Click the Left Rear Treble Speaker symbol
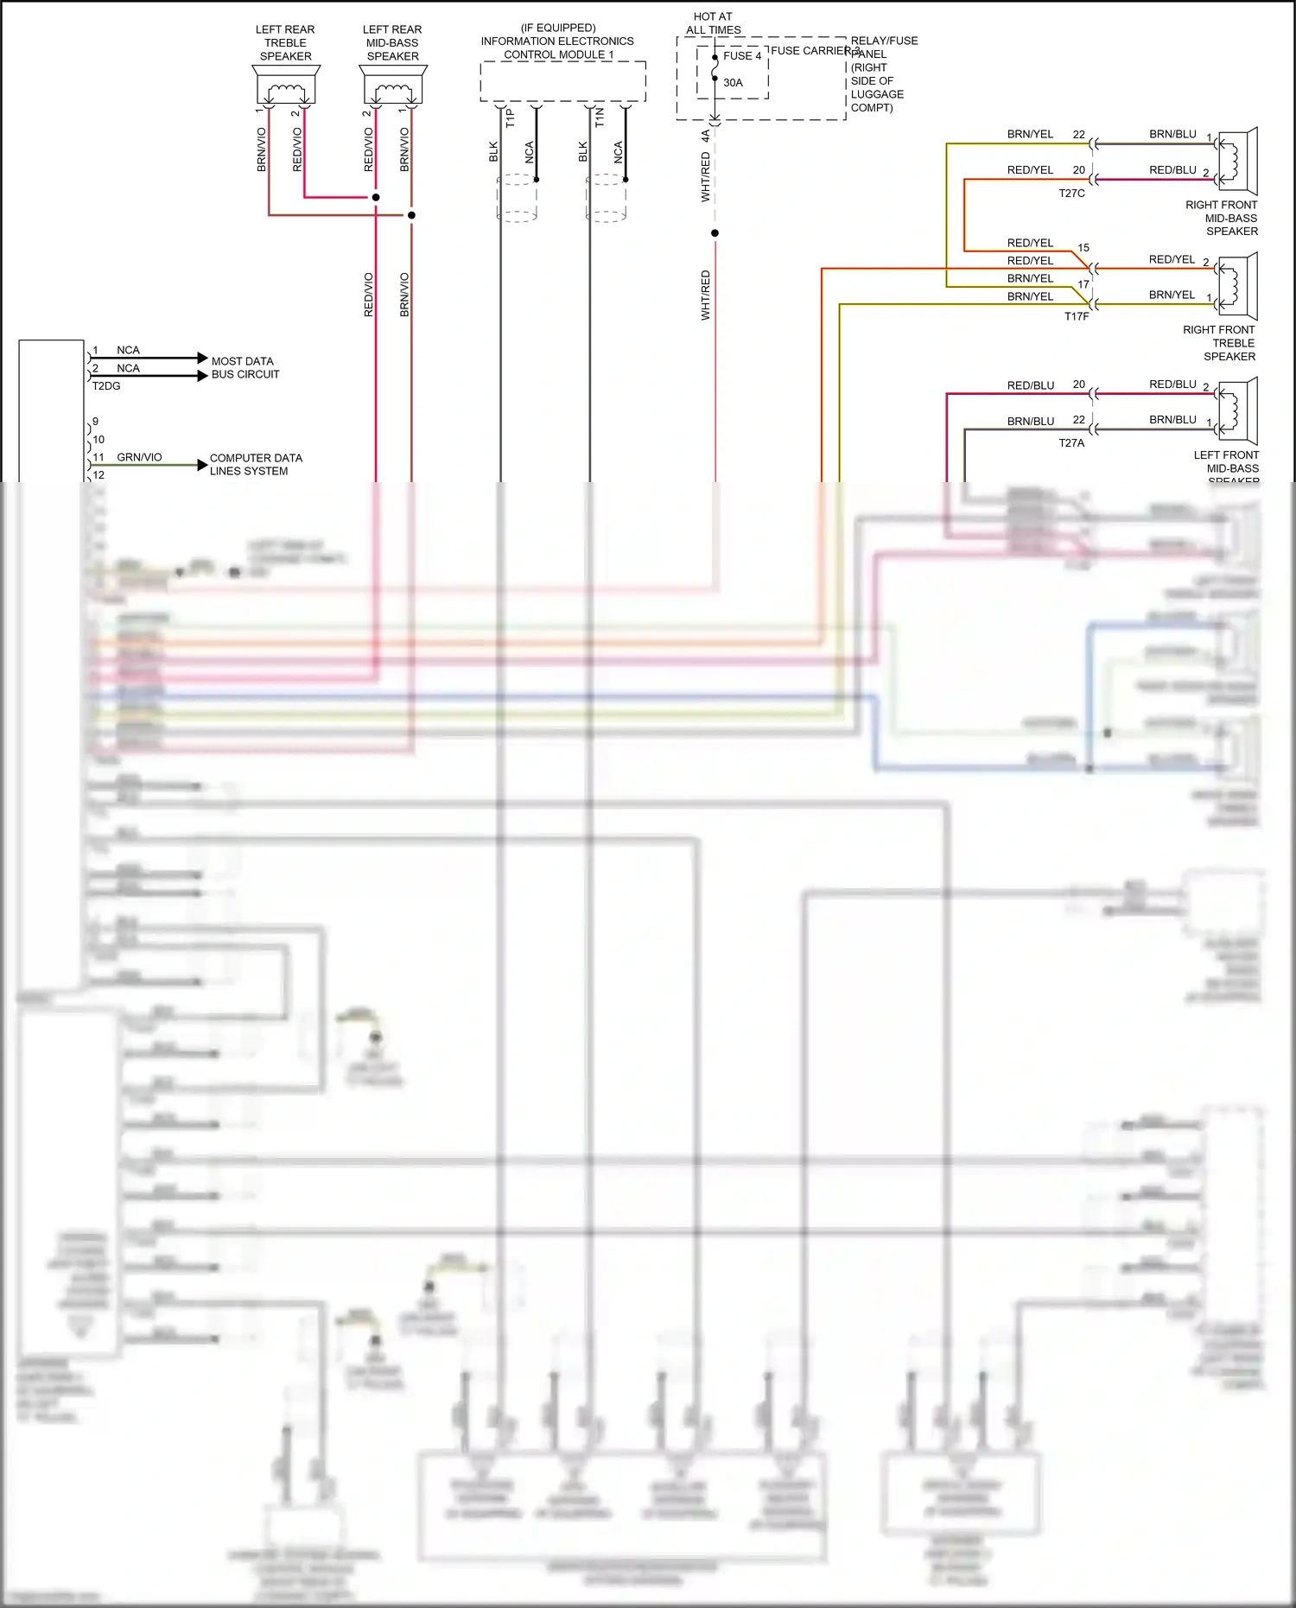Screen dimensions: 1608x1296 286,86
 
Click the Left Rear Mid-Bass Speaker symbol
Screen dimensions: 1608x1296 393,86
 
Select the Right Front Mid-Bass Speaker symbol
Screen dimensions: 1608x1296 1238,161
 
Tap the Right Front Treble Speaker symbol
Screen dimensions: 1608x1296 1238,286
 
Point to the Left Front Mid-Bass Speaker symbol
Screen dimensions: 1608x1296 1238,410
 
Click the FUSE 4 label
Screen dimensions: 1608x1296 742,56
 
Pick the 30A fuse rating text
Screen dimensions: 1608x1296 733,83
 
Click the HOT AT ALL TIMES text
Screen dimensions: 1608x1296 714,23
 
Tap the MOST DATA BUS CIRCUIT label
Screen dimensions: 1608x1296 245,368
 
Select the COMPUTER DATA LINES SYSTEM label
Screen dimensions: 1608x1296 256,465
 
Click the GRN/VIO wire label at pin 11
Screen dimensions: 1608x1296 139,457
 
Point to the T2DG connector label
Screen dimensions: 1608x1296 106,386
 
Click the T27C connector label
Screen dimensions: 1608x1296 1071,194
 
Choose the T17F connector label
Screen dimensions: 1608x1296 1077,317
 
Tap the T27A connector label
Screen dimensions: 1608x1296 1071,443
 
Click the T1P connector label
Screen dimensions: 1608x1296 510,118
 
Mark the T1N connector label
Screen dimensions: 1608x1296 600,118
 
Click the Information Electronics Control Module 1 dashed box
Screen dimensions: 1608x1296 562,81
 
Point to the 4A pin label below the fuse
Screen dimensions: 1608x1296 706,136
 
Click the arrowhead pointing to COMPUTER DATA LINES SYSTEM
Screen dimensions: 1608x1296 203,465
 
